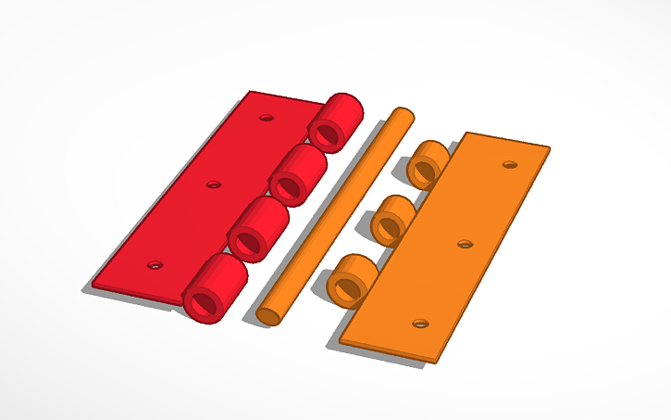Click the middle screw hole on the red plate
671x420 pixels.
213,185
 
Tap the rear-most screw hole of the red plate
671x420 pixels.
267,119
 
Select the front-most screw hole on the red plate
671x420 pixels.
155,264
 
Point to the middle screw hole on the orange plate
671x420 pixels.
466,245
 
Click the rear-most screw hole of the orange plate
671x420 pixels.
508,164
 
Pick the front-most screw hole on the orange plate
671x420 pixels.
420,324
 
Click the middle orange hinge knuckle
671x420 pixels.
392,219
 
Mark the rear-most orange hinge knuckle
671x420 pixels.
428,163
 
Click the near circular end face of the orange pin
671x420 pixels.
268,314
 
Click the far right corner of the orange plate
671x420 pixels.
549,146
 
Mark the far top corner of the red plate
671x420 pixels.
250,91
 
